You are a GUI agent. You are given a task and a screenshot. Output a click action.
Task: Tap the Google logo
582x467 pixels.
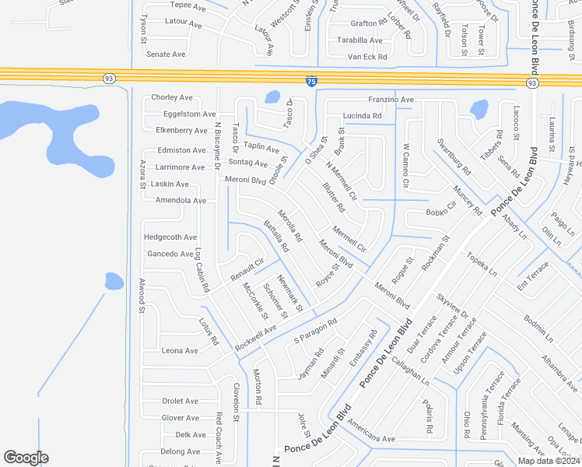pyautogui.click(x=26, y=458)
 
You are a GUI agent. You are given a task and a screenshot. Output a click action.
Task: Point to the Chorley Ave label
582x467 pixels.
pyautogui.click(x=171, y=97)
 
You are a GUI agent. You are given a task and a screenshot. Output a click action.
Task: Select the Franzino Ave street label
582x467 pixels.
pyautogui.click(x=391, y=100)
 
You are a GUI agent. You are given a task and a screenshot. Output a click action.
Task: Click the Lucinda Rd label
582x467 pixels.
pyautogui.click(x=362, y=116)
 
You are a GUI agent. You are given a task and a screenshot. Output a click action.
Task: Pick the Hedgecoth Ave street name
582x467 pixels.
pyautogui.click(x=170, y=237)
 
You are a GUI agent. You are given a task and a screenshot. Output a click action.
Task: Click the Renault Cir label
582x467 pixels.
pyautogui.click(x=247, y=269)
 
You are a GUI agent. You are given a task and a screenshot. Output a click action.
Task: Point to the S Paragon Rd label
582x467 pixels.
pyautogui.click(x=314, y=331)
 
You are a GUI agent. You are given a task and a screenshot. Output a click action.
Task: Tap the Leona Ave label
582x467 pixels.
pyautogui.click(x=179, y=350)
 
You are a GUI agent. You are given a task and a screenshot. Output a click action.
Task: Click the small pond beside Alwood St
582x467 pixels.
pyautogui.click(x=114, y=280)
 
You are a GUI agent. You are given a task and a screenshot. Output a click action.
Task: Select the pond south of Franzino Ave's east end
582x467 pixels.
pyautogui.click(x=479, y=109)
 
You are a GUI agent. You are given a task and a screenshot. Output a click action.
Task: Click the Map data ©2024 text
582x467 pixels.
pyautogui.click(x=546, y=461)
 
